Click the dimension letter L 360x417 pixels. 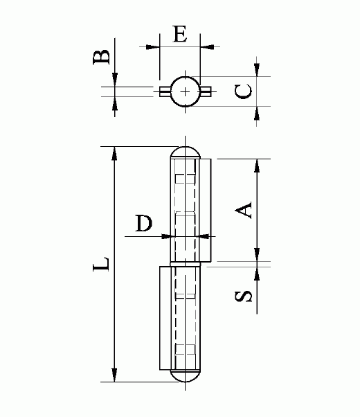[x=102, y=264]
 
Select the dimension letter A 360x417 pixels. [x=244, y=210]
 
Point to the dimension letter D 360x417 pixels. [x=143, y=224]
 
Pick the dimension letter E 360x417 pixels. [x=180, y=35]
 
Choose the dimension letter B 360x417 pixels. [x=102, y=57]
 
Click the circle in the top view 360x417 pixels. [x=186, y=91]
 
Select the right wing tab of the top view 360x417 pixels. [x=206, y=91]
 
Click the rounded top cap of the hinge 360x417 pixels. [x=186, y=152]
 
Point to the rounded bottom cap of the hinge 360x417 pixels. [x=186, y=375]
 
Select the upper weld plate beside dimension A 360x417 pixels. [x=206, y=211]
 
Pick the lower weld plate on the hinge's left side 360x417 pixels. [x=165, y=319]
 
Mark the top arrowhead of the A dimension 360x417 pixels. [x=257, y=165]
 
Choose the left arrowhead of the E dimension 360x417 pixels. [x=154, y=47]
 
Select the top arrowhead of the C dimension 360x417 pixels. [x=257, y=70]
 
